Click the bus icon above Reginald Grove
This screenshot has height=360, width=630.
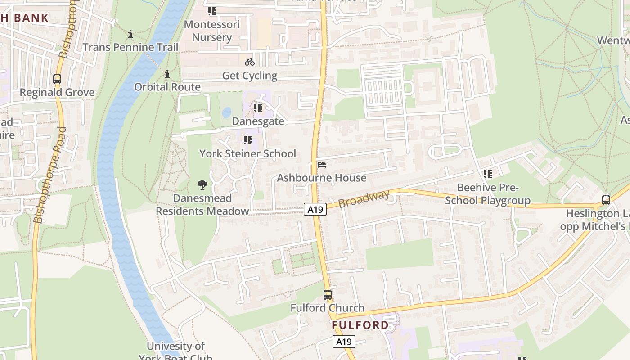[x=57, y=79]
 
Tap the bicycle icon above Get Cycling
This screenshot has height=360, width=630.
[x=250, y=62]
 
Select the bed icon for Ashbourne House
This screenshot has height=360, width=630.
[x=321, y=165]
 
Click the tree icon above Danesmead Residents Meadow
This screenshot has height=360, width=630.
[x=202, y=184]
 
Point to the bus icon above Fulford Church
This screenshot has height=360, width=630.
[x=328, y=295]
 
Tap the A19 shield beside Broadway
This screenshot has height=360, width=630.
[x=315, y=209]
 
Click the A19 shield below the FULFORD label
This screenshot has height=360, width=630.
[x=344, y=342]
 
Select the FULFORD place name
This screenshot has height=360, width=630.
[x=360, y=325]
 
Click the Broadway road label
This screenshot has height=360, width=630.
[x=364, y=198]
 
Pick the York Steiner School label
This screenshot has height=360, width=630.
[x=248, y=153]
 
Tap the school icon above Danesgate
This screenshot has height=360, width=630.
[x=258, y=108]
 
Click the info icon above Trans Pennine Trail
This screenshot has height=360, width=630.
[x=130, y=34]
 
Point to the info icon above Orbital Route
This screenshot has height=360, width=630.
[x=167, y=74]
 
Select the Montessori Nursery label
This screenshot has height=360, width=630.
[x=212, y=31]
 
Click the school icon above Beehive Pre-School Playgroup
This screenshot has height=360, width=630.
[x=488, y=174]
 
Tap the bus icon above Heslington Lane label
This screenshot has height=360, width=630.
[x=606, y=200]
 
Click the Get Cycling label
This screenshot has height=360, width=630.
[x=250, y=75]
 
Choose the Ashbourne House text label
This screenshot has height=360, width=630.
[x=322, y=178]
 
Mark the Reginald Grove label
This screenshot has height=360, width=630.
[x=57, y=93]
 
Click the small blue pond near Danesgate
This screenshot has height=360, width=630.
[x=227, y=112]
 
